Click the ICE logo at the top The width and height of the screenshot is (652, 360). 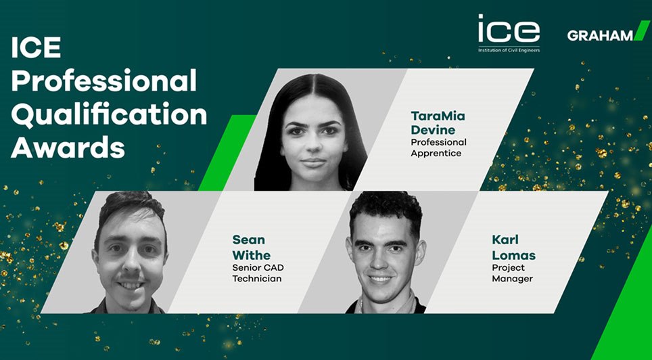[x=509, y=33]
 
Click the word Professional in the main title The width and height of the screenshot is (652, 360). [x=103, y=82]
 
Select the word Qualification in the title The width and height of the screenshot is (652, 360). [x=109, y=114]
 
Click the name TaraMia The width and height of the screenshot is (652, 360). [x=438, y=116]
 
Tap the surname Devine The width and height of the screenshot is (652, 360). [x=433, y=130]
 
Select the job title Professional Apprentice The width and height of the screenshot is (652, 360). [x=439, y=148]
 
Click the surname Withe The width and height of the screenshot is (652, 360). [x=251, y=254]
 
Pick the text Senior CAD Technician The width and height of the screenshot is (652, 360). [x=258, y=273]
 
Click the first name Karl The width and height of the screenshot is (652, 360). [x=505, y=240]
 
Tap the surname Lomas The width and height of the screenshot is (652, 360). [x=513, y=254]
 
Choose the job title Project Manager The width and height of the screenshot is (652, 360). [x=512, y=273]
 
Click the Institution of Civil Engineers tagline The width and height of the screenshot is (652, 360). [x=509, y=50]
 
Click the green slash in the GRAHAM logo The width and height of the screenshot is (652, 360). [x=642, y=30]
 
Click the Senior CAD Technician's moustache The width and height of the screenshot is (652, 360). [x=130, y=276]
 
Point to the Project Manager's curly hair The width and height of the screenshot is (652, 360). [x=386, y=211]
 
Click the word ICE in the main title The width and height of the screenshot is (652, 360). [x=36, y=47]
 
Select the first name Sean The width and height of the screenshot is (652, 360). [x=248, y=240]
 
